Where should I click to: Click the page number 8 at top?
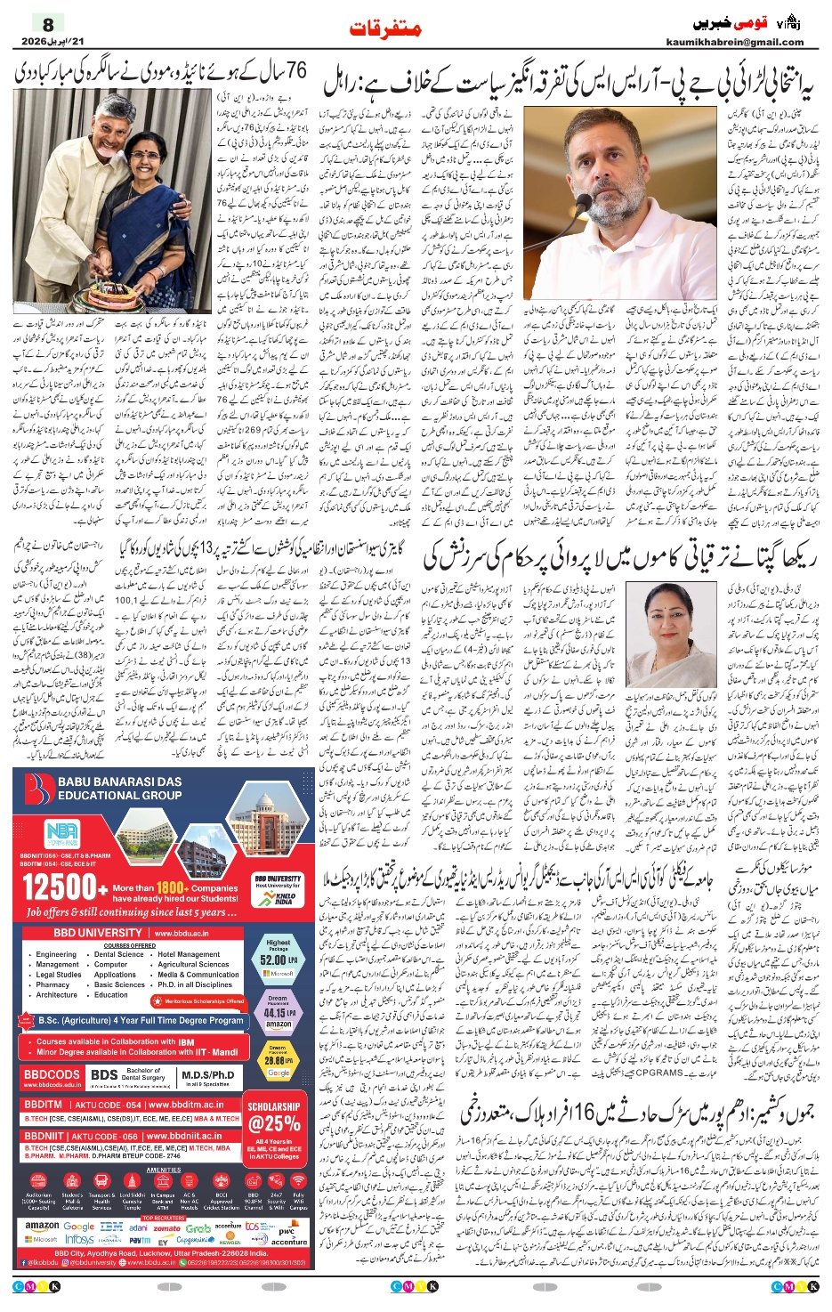click(x=48, y=24)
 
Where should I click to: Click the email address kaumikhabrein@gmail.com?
click(x=734, y=42)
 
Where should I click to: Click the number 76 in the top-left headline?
click(x=284, y=69)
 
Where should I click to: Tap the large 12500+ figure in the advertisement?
click(x=64, y=887)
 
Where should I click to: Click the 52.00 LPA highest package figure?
click(x=278, y=960)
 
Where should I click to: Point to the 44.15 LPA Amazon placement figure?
click(x=278, y=1012)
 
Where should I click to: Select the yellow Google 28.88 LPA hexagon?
click(x=278, y=1061)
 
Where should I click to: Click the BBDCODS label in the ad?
click(x=52, y=1075)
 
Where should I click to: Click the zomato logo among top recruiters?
click(x=166, y=1227)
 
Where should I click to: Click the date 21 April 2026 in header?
click(x=49, y=43)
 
